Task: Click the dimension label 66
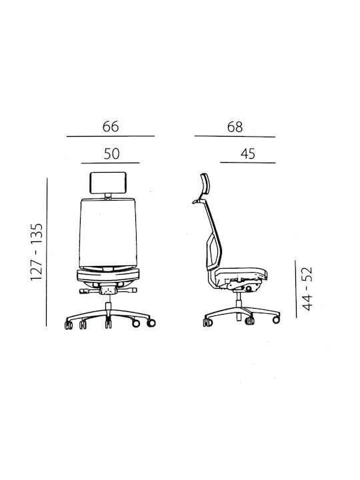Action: (111, 127)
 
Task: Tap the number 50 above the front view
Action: (111, 154)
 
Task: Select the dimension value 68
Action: (235, 127)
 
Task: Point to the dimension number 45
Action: (247, 154)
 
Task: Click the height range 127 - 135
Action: (37, 251)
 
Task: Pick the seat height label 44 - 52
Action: (307, 289)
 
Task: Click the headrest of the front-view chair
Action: (108, 183)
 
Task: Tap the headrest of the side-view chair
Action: (205, 184)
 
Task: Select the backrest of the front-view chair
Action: (108, 233)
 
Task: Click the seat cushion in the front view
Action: (108, 275)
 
